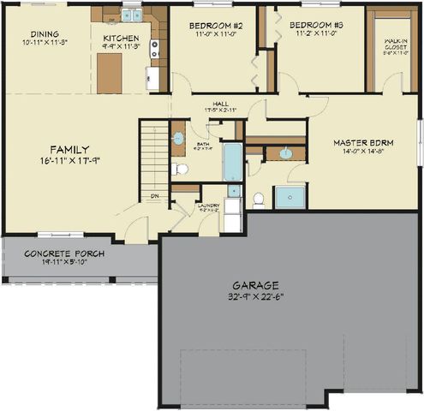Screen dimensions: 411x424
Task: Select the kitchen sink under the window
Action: pos(131,15)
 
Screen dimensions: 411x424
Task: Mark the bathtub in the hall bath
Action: pos(232,162)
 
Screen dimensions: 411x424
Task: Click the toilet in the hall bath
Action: pos(181,169)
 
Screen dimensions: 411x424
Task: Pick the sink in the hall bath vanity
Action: pos(178,138)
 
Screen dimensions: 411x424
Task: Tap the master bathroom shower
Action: pos(290,196)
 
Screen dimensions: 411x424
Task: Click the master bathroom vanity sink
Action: pos(286,154)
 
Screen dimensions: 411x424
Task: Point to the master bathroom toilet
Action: pos(259,199)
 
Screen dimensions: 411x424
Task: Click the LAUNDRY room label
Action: pos(209,205)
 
